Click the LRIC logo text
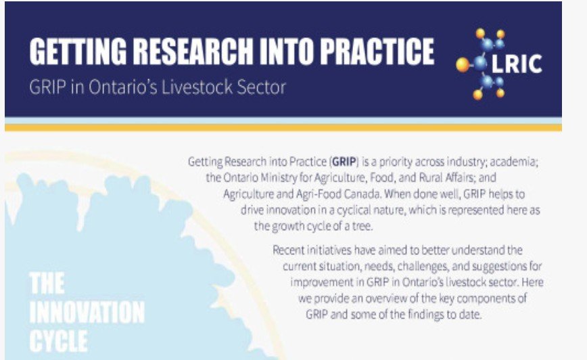point(517,64)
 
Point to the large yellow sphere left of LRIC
point(463,65)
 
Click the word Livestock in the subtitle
point(193,87)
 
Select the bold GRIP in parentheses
point(344,162)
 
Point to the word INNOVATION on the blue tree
point(87,313)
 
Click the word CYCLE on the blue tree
point(58,341)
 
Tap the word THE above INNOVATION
point(47,284)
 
